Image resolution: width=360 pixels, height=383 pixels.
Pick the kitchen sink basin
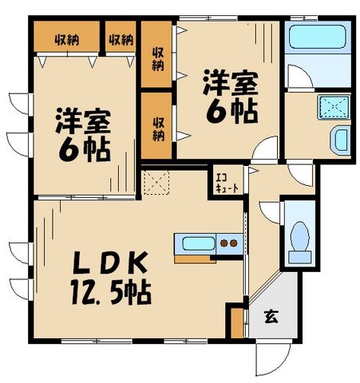click(x=198, y=243)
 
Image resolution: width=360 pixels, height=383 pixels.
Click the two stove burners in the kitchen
click(x=229, y=243)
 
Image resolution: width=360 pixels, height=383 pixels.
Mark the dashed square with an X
click(x=155, y=183)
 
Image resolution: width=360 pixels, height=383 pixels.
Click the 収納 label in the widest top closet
click(x=66, y=39)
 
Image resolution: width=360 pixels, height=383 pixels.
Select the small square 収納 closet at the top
click(x=120, y=39)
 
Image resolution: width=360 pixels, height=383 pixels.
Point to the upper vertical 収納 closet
click(x=158, y=54)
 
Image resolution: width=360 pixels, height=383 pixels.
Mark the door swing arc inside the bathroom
click(x=299, y=77)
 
